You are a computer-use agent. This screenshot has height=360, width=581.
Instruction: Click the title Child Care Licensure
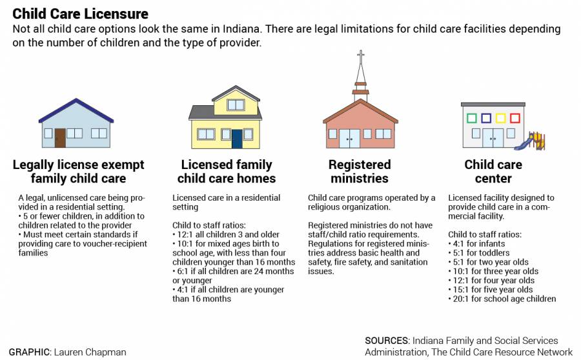81,14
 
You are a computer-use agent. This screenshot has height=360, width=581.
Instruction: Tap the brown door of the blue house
60,138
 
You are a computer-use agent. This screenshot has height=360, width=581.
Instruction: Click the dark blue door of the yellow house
237,139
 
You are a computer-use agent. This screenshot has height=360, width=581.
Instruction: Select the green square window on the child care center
472,118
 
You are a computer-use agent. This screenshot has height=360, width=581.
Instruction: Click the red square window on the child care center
515,118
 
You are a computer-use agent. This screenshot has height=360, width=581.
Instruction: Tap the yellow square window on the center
500,118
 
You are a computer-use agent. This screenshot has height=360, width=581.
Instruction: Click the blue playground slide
524,143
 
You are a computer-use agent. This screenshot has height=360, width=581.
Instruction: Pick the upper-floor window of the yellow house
236,105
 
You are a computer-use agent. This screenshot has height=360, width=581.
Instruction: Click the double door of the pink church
349,139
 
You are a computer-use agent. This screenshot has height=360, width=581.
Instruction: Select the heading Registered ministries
360,172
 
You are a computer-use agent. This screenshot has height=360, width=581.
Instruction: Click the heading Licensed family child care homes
227,172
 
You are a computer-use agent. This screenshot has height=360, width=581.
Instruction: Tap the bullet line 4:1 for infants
476,244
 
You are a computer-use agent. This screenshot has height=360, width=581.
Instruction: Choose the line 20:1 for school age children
502,299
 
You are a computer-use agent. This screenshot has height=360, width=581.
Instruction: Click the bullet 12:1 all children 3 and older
226,234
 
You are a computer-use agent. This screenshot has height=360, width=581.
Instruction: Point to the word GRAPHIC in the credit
28,352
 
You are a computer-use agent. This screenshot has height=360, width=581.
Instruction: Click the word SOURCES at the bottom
387,341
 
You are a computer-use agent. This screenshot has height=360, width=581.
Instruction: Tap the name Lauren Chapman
90,352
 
